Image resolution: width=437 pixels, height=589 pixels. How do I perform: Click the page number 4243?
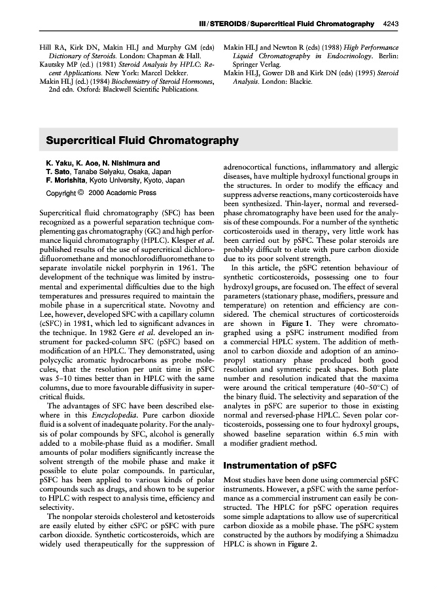pyautogui.click(x=391, y=24)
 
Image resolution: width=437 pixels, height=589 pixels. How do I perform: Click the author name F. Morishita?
pyautogui.click(x=66, y=180)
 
